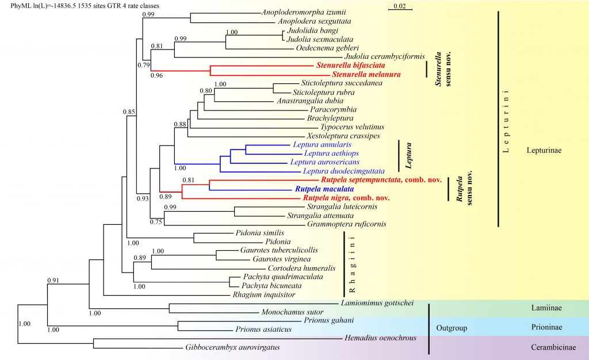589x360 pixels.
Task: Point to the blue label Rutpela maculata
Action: [324, 189]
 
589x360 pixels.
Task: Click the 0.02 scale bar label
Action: [399, 6]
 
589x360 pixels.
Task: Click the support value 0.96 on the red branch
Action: [156, 75]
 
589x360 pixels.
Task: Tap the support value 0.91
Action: [54, 281]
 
